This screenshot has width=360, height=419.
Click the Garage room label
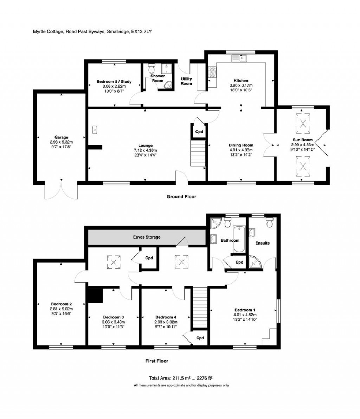pos(61,137)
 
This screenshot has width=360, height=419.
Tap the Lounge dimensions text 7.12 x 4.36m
pos(146,150)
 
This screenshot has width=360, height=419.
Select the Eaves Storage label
pos(147,237)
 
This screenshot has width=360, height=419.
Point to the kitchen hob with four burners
pos(212,73)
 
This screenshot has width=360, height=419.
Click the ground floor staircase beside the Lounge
pos(198,153)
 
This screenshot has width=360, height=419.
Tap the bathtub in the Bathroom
pos(239,240)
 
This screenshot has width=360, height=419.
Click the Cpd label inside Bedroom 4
pos(200,338)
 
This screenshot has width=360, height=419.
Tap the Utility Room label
pos(186,81)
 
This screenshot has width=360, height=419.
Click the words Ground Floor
pos(181,197)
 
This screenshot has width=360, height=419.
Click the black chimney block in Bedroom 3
pos(95,295)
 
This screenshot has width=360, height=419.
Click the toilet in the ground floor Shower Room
pos(152,66)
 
